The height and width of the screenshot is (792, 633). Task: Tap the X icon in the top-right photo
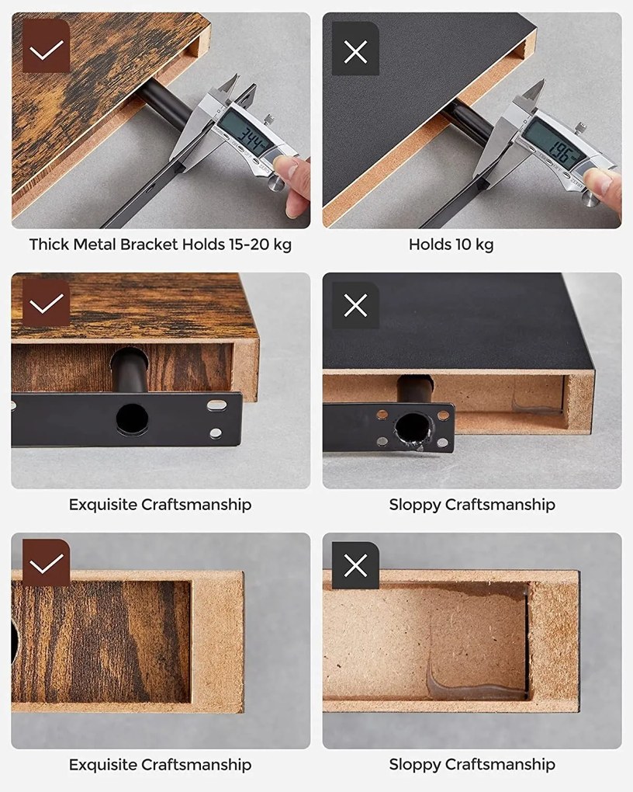[x=355, y=51]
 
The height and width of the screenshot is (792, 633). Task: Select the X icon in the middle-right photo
[x=355, y=306]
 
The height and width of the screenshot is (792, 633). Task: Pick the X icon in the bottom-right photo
[x=355, y=566]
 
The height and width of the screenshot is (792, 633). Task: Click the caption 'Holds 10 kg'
[x=451, y=245]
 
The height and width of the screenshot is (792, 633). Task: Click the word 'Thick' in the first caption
[x=49, y=245]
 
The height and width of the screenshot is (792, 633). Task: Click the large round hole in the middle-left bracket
[x=132, y=419]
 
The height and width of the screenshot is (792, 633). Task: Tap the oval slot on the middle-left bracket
[x=217, y=405]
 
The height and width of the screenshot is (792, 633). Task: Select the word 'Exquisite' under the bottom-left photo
[x=102, y=765]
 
